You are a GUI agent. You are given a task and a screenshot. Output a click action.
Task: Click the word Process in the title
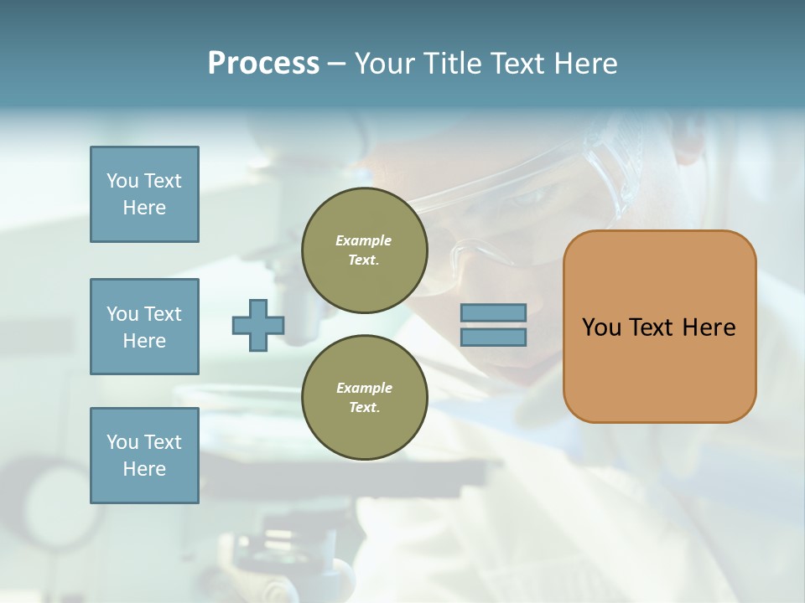[263, 64]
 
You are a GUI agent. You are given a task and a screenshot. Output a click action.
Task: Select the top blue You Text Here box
[144, 194]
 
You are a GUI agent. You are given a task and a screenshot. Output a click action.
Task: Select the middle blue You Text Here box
[144, 327]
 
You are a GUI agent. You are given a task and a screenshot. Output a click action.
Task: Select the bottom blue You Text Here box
[144, 456]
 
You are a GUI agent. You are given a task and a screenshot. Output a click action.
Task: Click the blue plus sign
[258, 325]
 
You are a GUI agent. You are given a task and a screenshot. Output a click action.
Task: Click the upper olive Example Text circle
[364, 250]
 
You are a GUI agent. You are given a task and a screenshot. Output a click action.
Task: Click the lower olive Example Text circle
[364, 398]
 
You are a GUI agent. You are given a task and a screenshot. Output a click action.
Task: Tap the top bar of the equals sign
[493, 313]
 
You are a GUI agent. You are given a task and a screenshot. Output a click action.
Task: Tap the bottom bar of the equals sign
[493, 337]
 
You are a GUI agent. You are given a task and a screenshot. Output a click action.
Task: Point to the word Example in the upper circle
[364, 240]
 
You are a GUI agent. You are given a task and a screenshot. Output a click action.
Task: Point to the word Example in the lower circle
[364, 388]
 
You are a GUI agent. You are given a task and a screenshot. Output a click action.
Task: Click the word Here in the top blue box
[144, 208]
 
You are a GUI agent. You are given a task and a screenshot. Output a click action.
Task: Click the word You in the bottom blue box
[122, 442]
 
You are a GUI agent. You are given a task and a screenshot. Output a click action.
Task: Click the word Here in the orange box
[709, 327]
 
